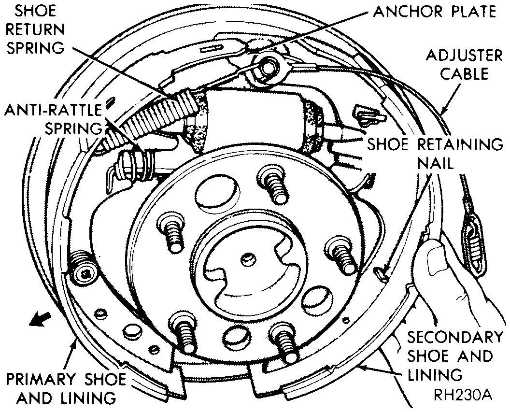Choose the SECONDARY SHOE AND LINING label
coord(449,355)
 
